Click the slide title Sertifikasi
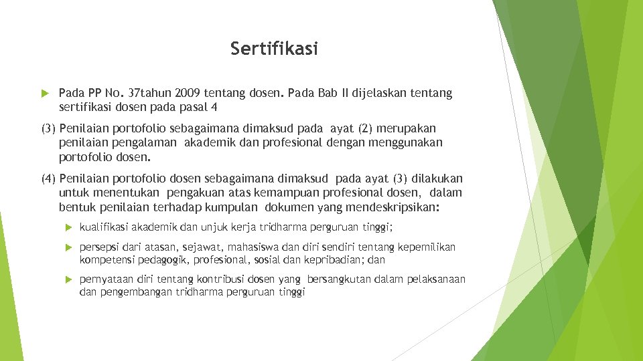(275, 49)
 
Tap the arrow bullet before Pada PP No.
(44, 94)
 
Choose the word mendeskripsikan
(390, 207)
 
